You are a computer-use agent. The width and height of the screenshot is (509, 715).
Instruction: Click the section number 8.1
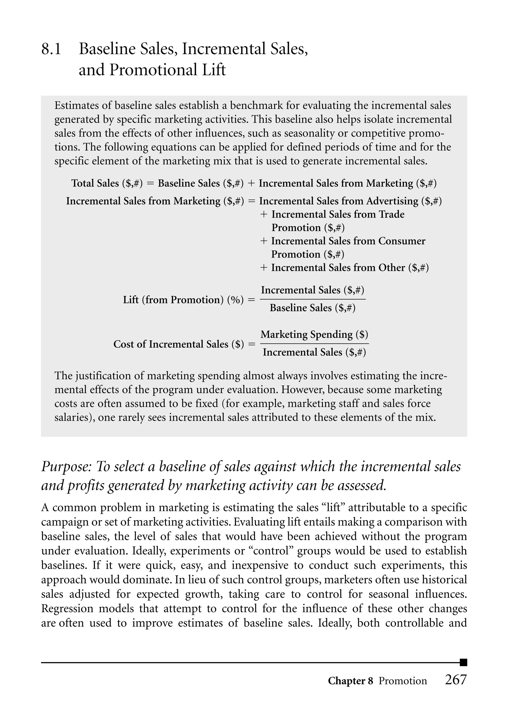pyautogui.click(x=51, y=49)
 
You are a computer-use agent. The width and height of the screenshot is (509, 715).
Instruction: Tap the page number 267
pyautogui.click(x=456, y=680)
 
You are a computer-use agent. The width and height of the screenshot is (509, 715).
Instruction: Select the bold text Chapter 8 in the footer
pyautogui.click(x=350, y=681)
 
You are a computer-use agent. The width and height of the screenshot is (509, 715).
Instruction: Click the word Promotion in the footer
pyautogui.click(x=403, y=681)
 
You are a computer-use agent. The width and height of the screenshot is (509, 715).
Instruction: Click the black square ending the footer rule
pyautogui.click(x=463, y=662)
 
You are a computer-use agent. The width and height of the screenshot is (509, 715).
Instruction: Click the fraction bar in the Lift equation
pyautogui.click(x=313, y=299)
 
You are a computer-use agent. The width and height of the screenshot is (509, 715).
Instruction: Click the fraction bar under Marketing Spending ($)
pyautogui.click(x=314, y=344)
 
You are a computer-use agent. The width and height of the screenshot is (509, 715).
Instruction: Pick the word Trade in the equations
pyautogui.click(x=392, y=214)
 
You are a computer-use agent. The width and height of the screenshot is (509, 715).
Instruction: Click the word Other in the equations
pyautogui.click(x=392, y=268)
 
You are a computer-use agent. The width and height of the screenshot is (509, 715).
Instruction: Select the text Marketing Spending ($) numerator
pyautogui.click(x=314, y=334)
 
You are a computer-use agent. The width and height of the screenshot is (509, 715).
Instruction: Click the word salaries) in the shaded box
pyautogui.click(x=75, y=417)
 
